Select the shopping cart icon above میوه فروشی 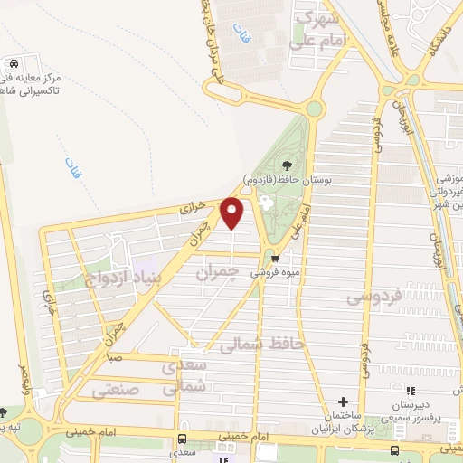pyautogui.click(x=288, y=257)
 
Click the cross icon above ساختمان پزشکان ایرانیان pyautogui.click(x=343, y=402)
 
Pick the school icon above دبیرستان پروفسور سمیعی pyautogui.click(x=400, y=393)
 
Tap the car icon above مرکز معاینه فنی pyautogui.click(x=14, y=64)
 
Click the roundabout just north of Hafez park pyautogui.click(x=314, y=109)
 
